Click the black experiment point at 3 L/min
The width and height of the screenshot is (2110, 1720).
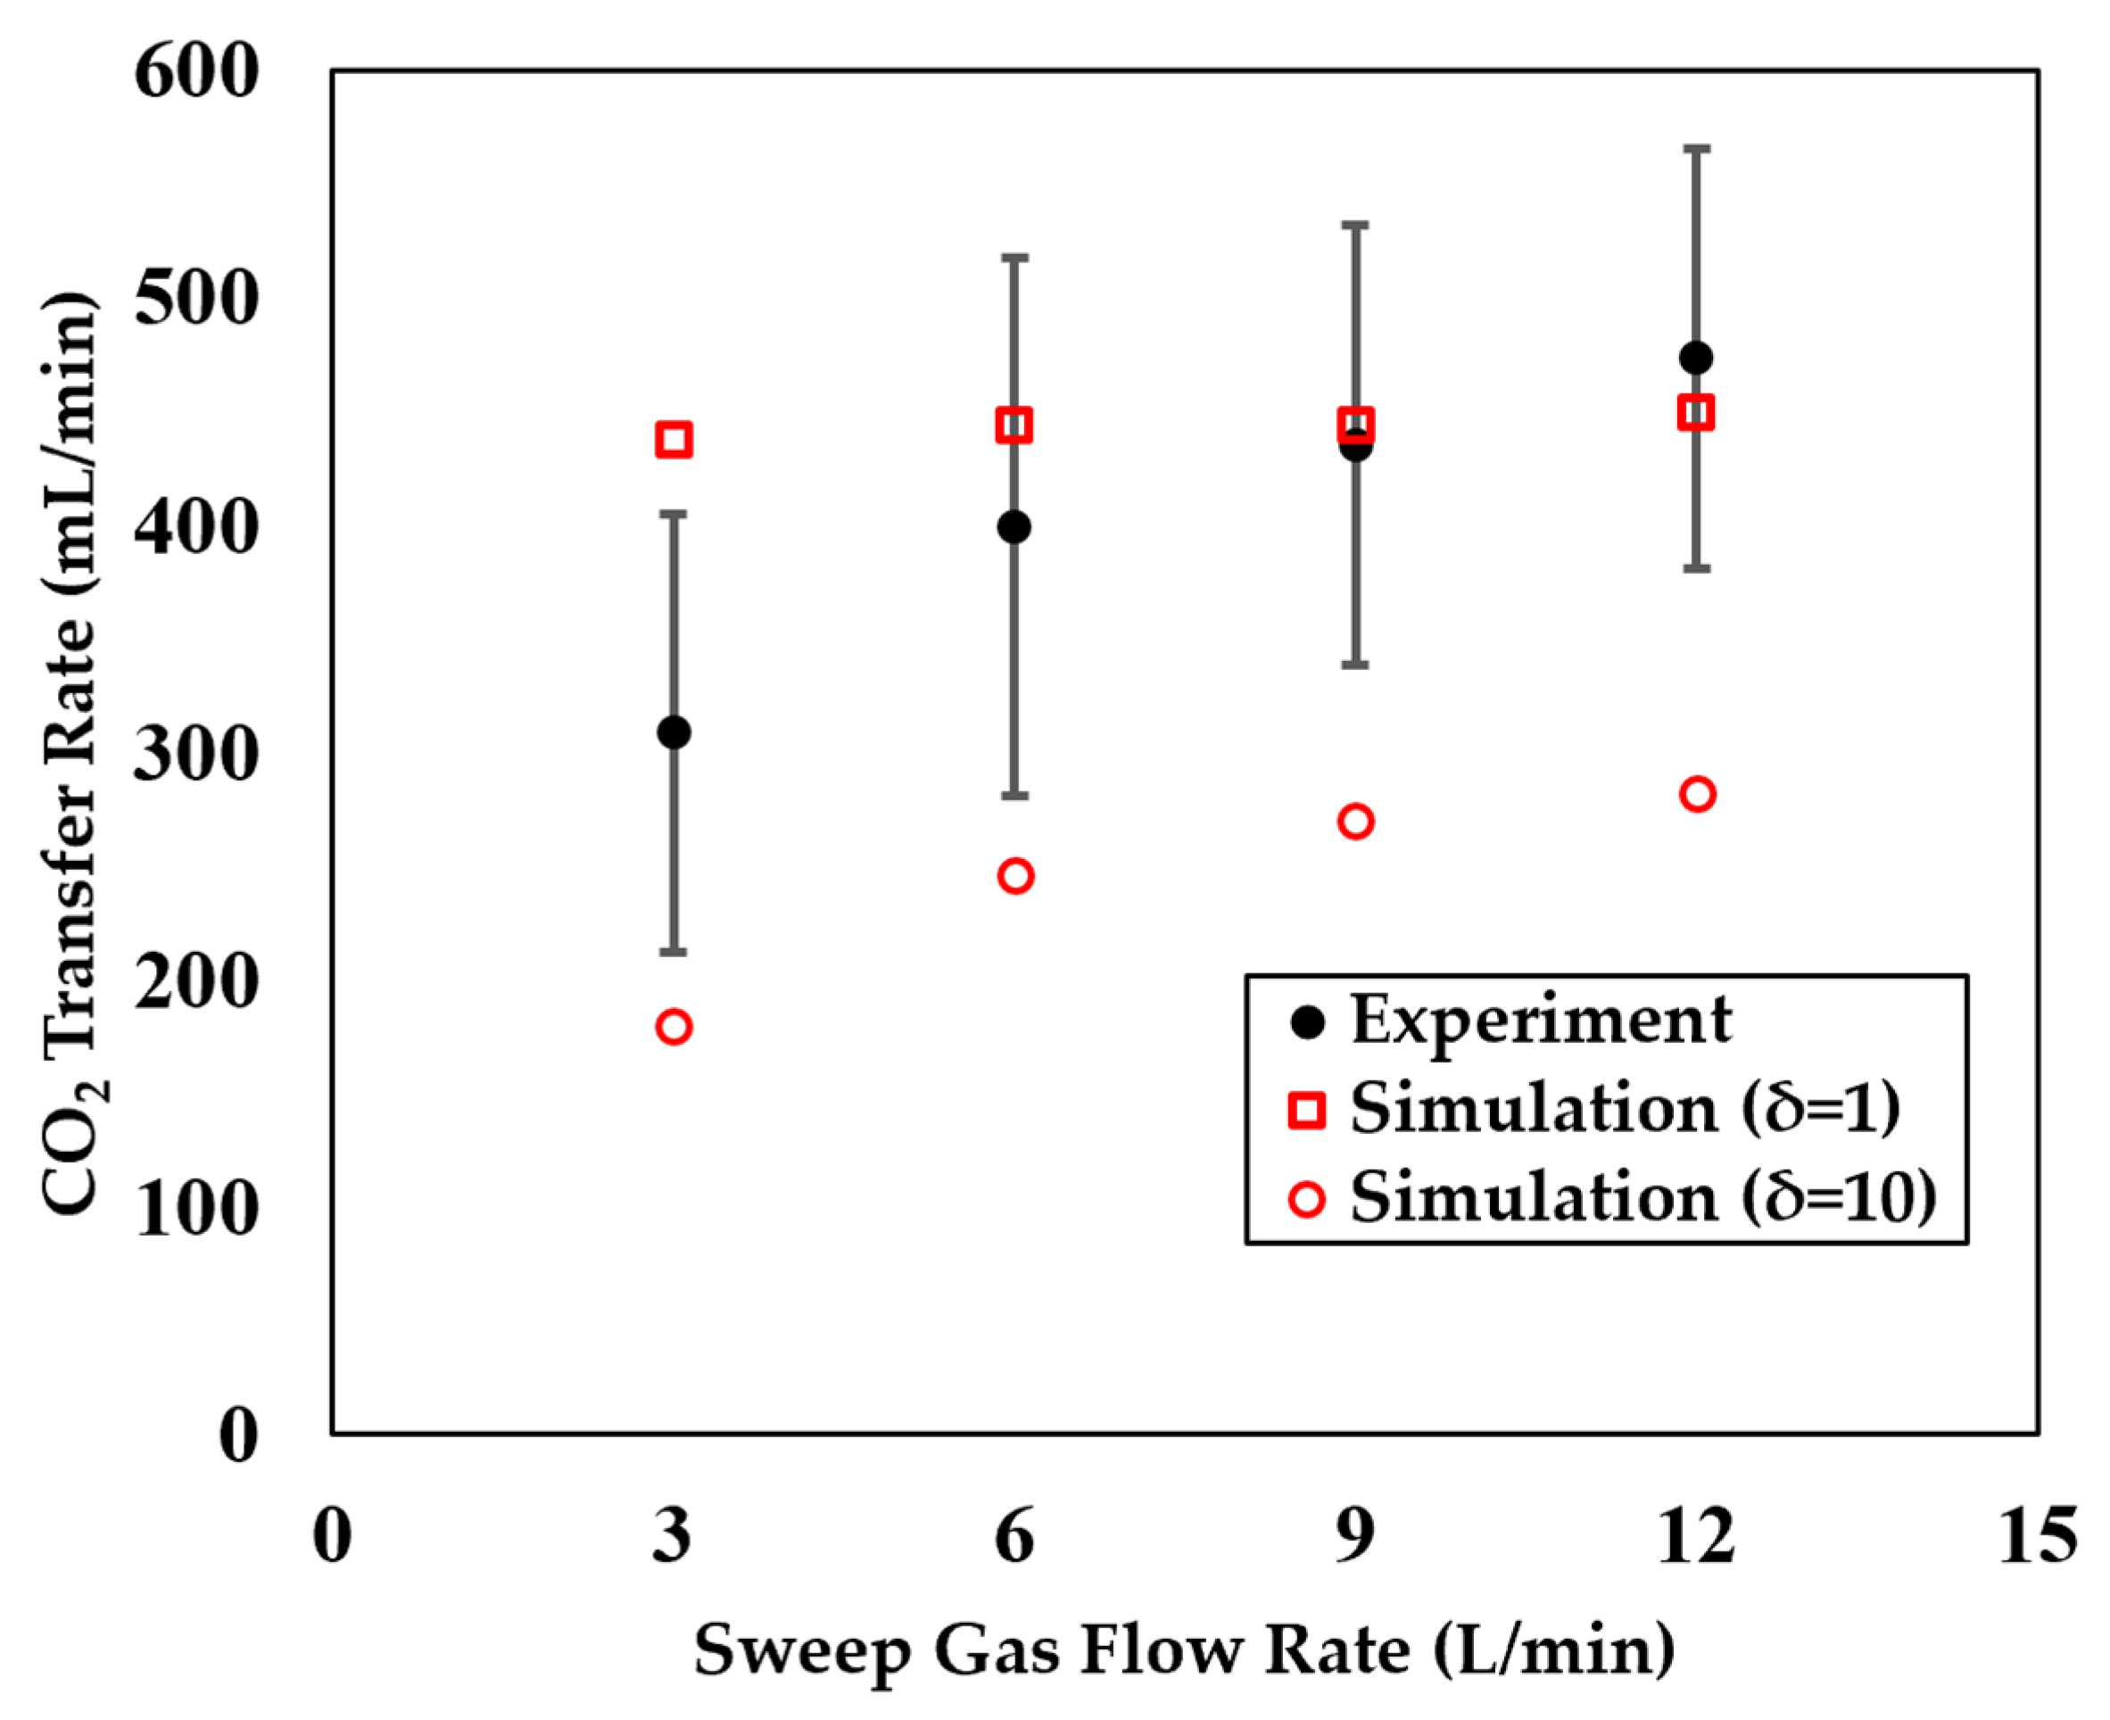(674, 732)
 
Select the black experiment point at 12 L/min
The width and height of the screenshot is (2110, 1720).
(1696, 357)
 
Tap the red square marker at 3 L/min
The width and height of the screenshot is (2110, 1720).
(674, 439)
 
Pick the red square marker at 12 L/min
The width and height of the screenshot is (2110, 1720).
(1696, 412)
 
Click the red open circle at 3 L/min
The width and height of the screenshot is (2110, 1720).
(674, 1027)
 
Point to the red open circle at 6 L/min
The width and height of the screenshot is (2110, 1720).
(1015, 876)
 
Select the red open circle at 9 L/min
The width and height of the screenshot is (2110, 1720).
(1355, 822)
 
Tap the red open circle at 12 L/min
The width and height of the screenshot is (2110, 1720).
(1697, 794)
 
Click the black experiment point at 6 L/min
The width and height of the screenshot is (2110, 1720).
(1014, 527)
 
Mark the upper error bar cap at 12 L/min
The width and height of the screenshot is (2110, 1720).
(1697, 149)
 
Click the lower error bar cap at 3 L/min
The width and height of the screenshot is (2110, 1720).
(674, 952)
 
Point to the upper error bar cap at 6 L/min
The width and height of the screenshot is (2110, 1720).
(1015, 258)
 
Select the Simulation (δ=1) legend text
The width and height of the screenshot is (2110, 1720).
(1625, 1109)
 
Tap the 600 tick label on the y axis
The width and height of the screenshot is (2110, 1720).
(196, 71)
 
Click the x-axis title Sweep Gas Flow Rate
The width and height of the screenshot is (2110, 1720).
(1184, 1650)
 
